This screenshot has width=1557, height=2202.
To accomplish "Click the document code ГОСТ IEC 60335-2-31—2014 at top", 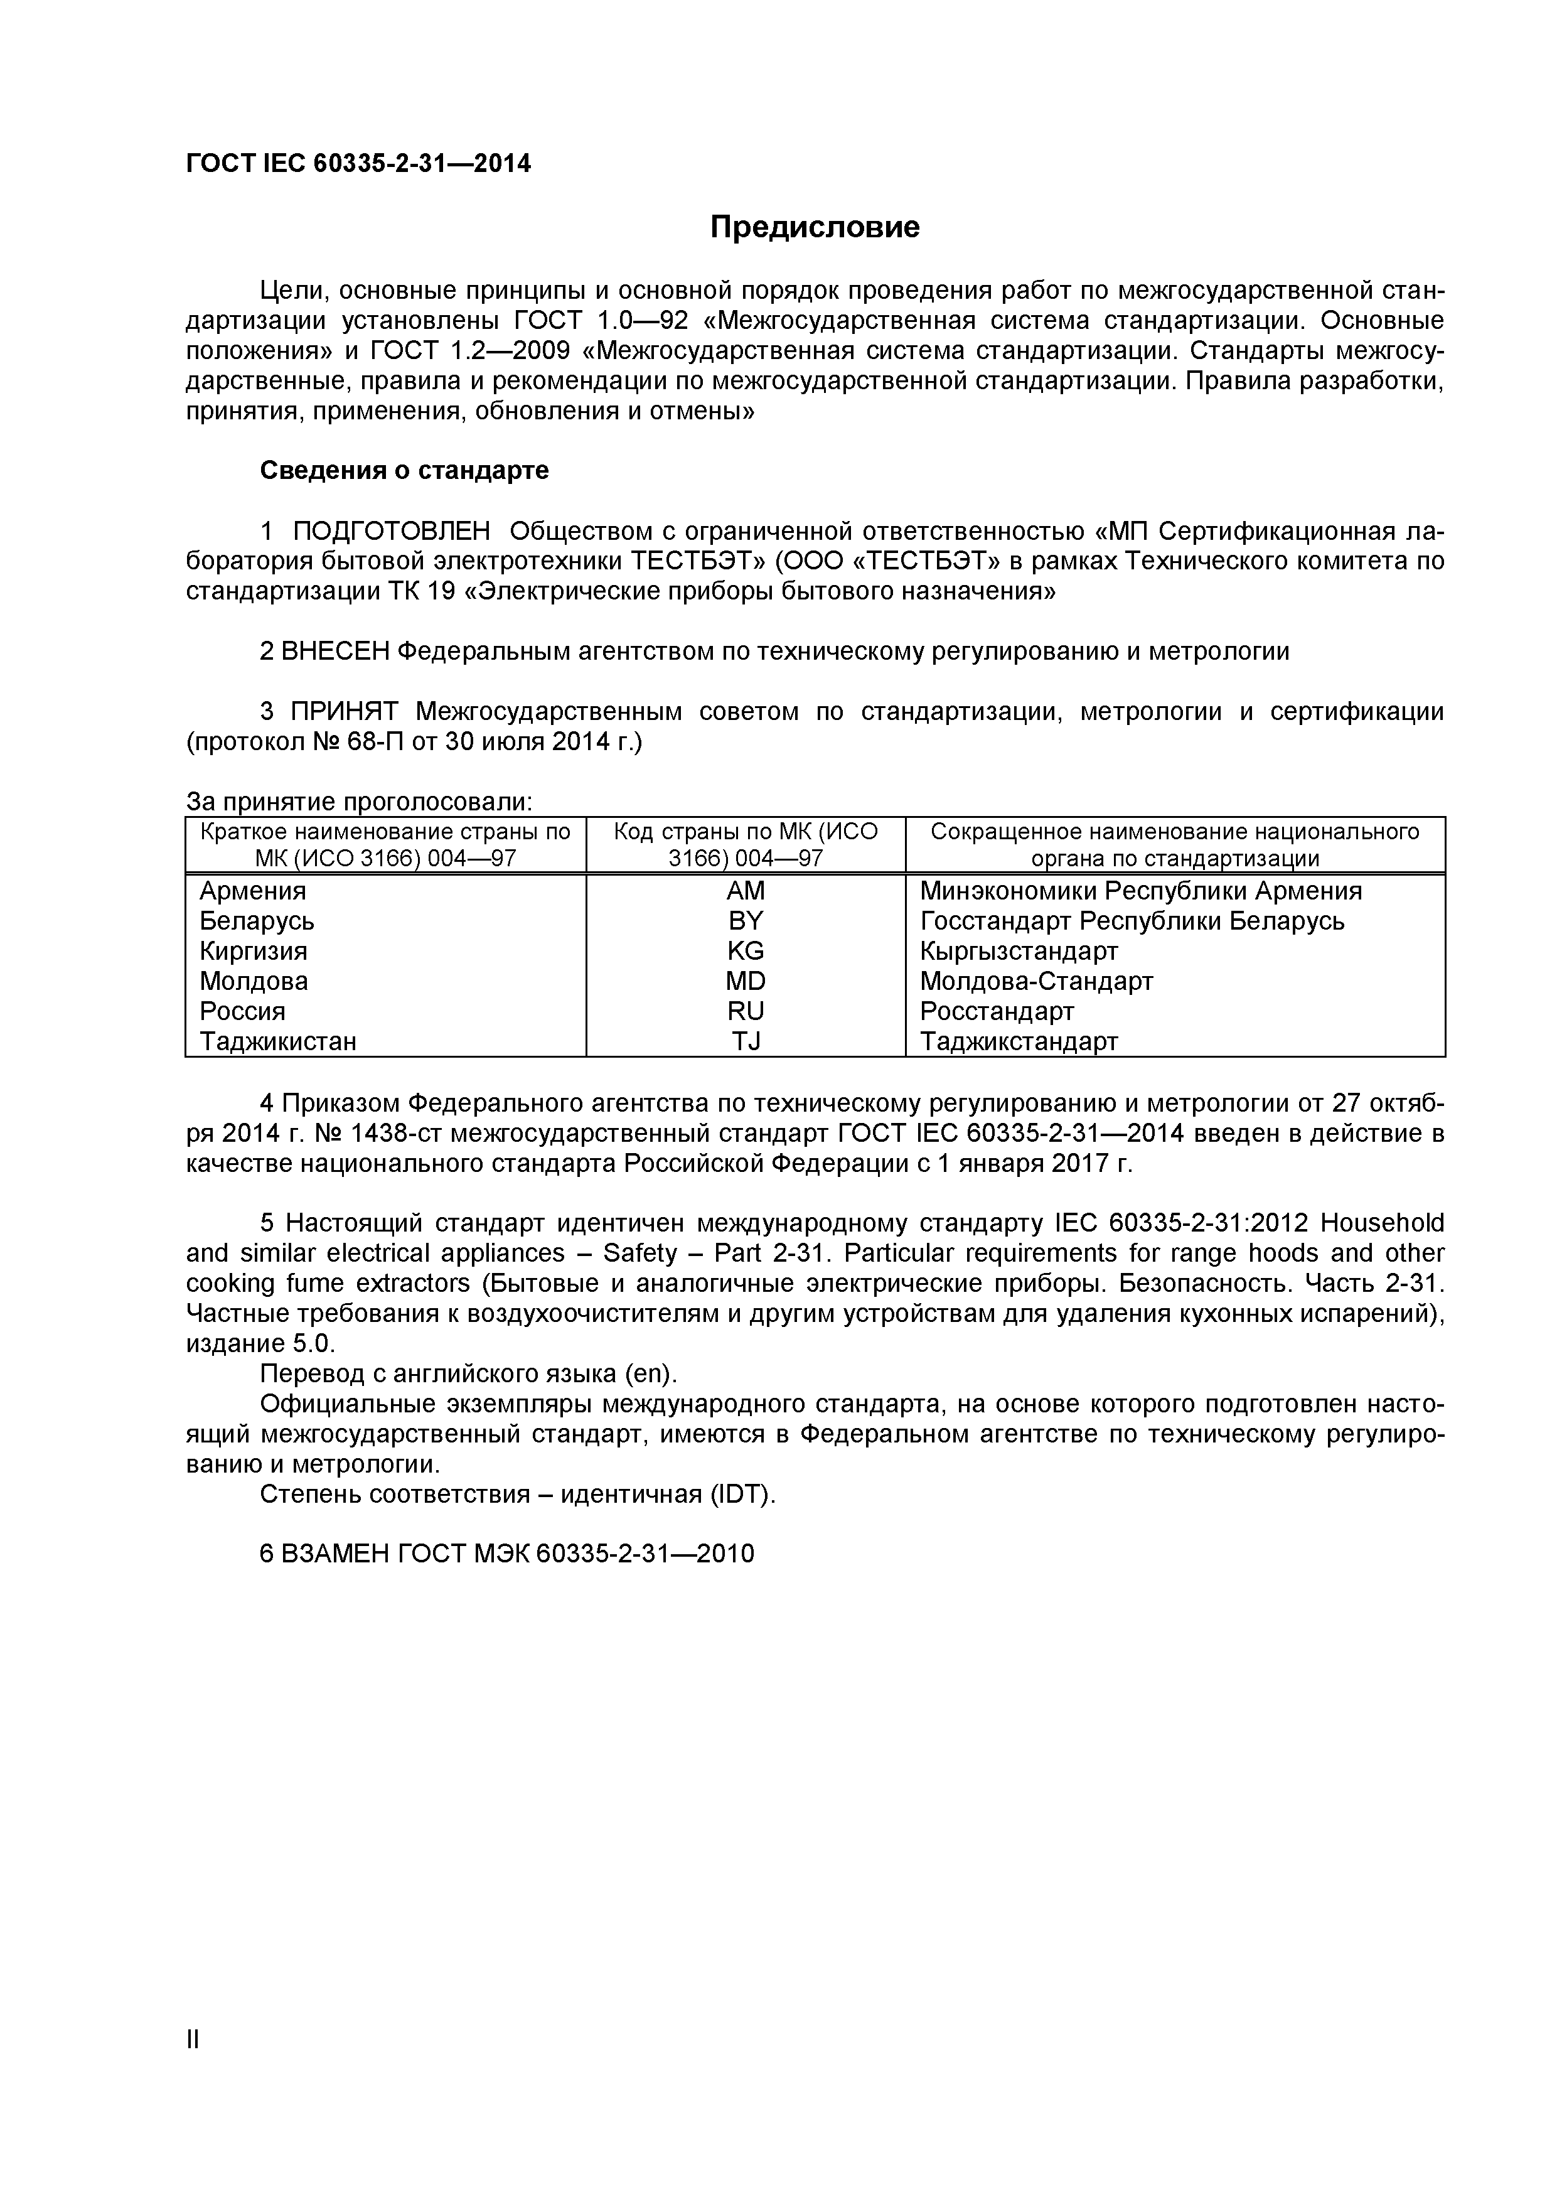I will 358,164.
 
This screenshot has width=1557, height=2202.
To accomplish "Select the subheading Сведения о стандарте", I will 405,471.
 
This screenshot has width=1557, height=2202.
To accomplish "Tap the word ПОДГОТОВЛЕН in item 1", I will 390,531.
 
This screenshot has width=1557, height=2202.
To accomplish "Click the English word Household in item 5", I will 1381,1224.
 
